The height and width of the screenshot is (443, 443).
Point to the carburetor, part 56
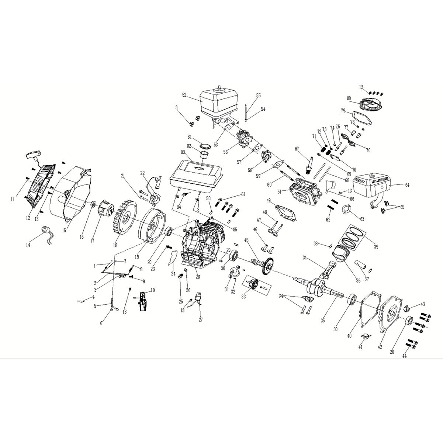(x=245, y=138)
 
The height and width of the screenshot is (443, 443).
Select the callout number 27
(x=201, y=319)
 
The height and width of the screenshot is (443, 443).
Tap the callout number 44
(x=405, y=356)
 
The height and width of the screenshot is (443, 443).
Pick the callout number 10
(x=153, y=290)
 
